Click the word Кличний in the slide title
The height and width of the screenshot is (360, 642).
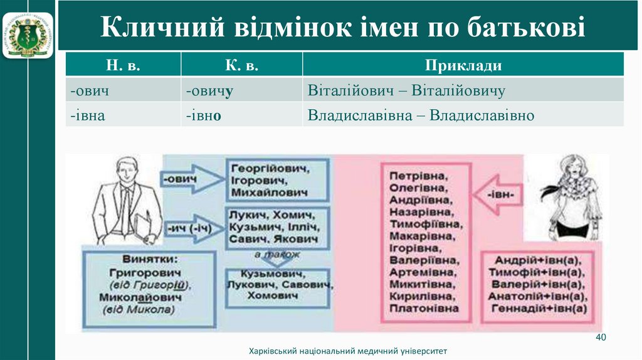coord(162,28)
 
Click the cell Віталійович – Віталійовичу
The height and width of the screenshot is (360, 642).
coord(406,91)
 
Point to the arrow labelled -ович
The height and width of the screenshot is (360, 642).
coord(187,180)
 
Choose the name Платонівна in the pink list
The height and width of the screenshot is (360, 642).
coord(424,308)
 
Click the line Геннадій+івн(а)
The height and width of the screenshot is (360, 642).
coord(540,309)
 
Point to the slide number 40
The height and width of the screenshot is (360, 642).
coord(600,337)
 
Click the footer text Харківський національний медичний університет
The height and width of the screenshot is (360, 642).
coord(349,351)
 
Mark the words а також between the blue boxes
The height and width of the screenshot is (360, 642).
coord(277,255)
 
